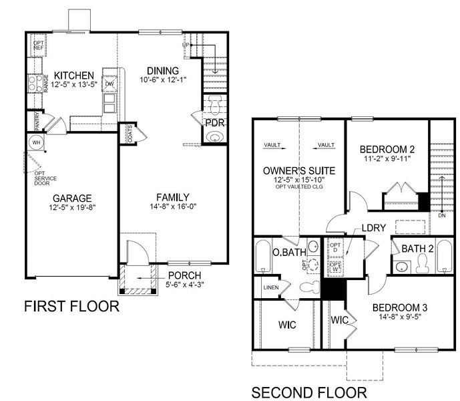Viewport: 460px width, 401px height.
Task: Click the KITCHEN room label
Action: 74,75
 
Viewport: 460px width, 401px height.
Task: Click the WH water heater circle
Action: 36,142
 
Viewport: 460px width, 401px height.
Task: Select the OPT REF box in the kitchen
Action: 38,45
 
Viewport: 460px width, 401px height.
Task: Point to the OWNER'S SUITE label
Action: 299,171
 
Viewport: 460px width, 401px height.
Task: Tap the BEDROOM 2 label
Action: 387,149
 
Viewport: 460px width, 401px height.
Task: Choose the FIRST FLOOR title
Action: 71,307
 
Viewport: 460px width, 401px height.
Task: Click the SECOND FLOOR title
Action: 308,391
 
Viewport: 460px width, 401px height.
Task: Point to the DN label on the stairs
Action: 441,216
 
